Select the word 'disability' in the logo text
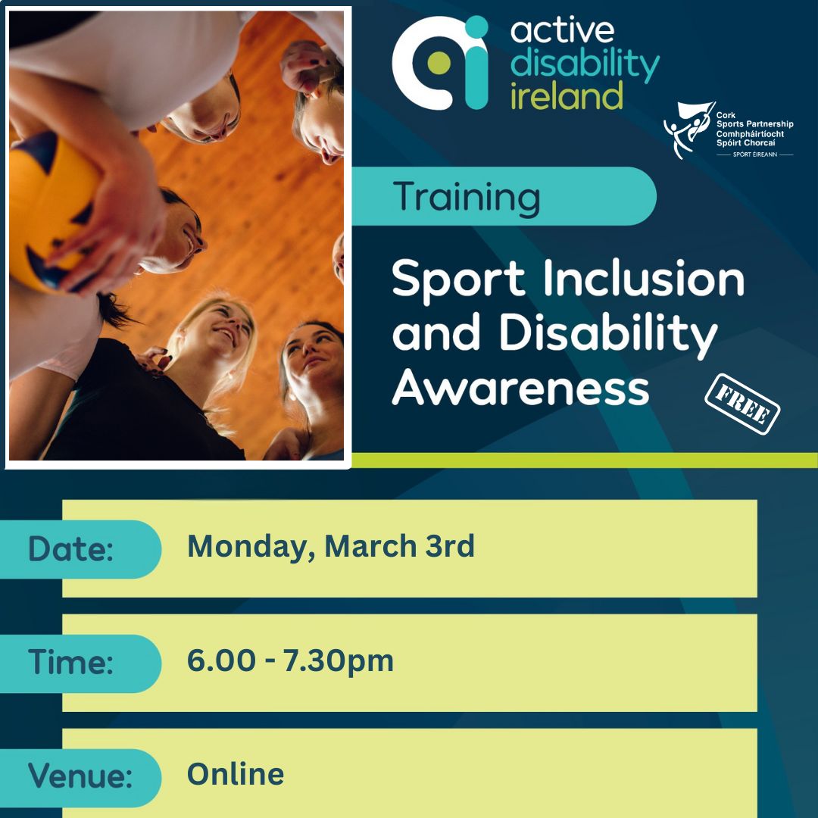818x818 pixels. tap(585, 66)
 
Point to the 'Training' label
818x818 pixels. tap(467, 197)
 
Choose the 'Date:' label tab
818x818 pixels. tap(72, 549)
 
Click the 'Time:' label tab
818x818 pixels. tap(72, 663)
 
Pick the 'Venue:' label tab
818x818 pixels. tap(80, 776)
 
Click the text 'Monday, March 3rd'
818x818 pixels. tap(331, 546)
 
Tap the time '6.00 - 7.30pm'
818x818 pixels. tap(290, 660)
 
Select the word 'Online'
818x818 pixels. tap(236, 774)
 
